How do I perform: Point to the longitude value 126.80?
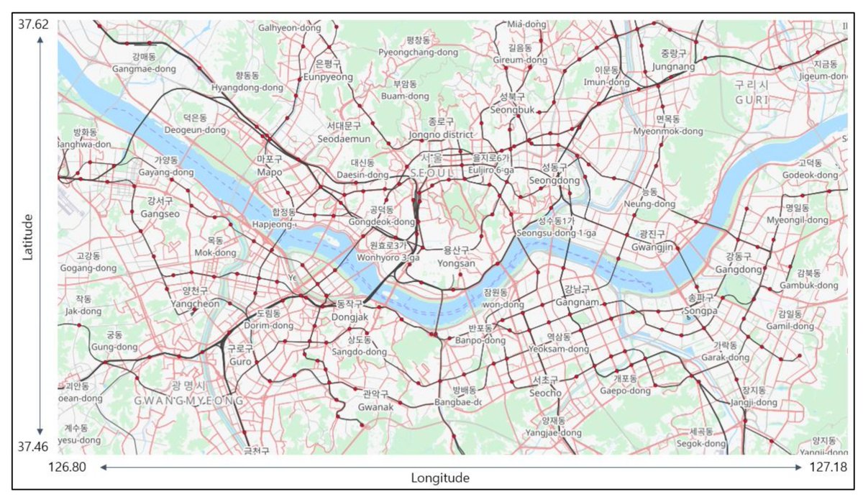(67, 467)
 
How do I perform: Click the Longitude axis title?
(440, 478)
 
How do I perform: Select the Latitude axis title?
(28, 237)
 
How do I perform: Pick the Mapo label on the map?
(270, 172)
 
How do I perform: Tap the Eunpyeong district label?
(328, 77)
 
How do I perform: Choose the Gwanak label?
(375, 407)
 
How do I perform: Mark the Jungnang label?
(673, 67)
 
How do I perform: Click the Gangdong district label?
(739, 269)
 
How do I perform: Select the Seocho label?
(547, 393)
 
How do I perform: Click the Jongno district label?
(441, 134)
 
